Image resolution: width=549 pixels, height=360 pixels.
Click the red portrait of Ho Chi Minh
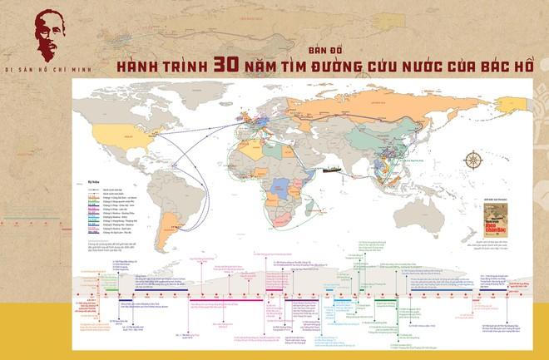[42, 33]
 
